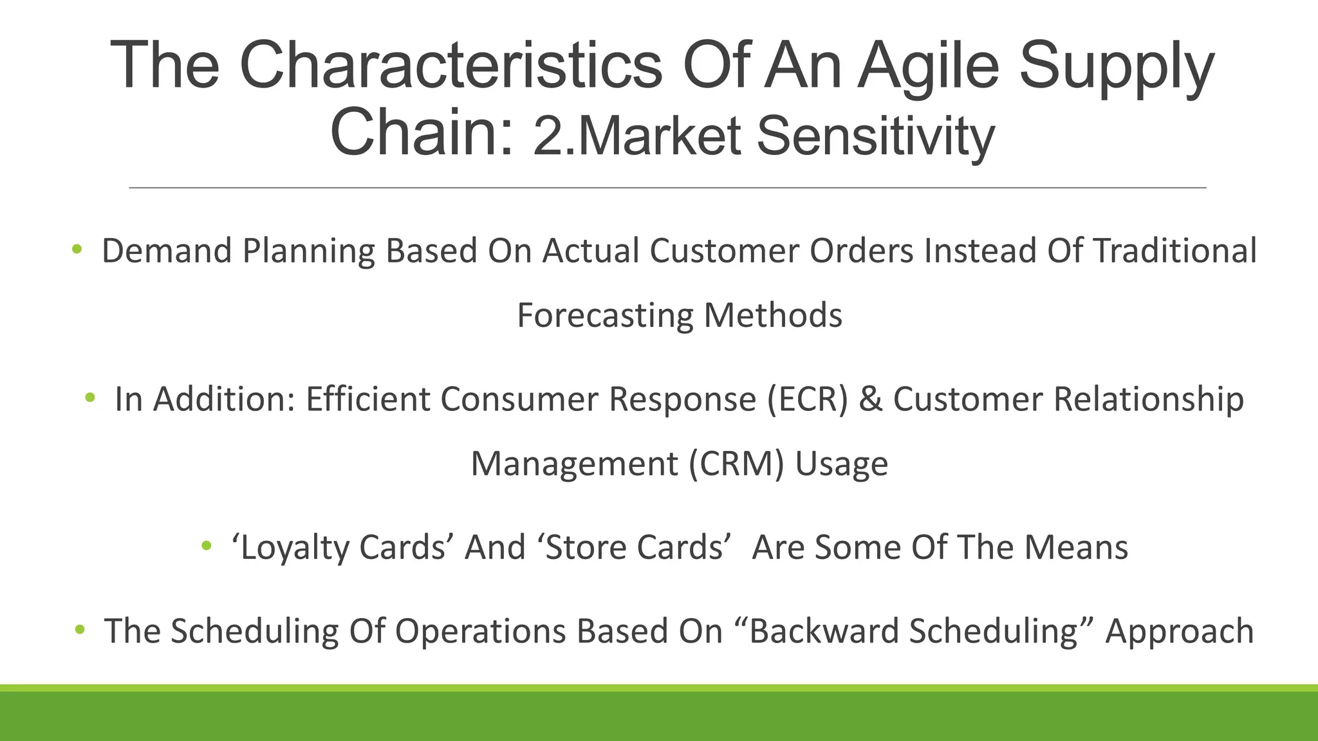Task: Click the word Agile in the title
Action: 927,66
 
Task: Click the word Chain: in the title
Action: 422,132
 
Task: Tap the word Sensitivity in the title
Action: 875,137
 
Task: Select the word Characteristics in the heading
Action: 450,65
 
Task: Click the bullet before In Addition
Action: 90,398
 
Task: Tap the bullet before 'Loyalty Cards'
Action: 207,545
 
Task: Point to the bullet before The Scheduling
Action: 80,629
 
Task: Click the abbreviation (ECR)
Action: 808,399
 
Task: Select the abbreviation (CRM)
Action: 736,464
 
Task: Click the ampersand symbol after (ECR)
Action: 870,399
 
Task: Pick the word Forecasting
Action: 604,315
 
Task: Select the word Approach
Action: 1179,632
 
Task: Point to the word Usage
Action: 841,464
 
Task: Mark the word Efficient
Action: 367,399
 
